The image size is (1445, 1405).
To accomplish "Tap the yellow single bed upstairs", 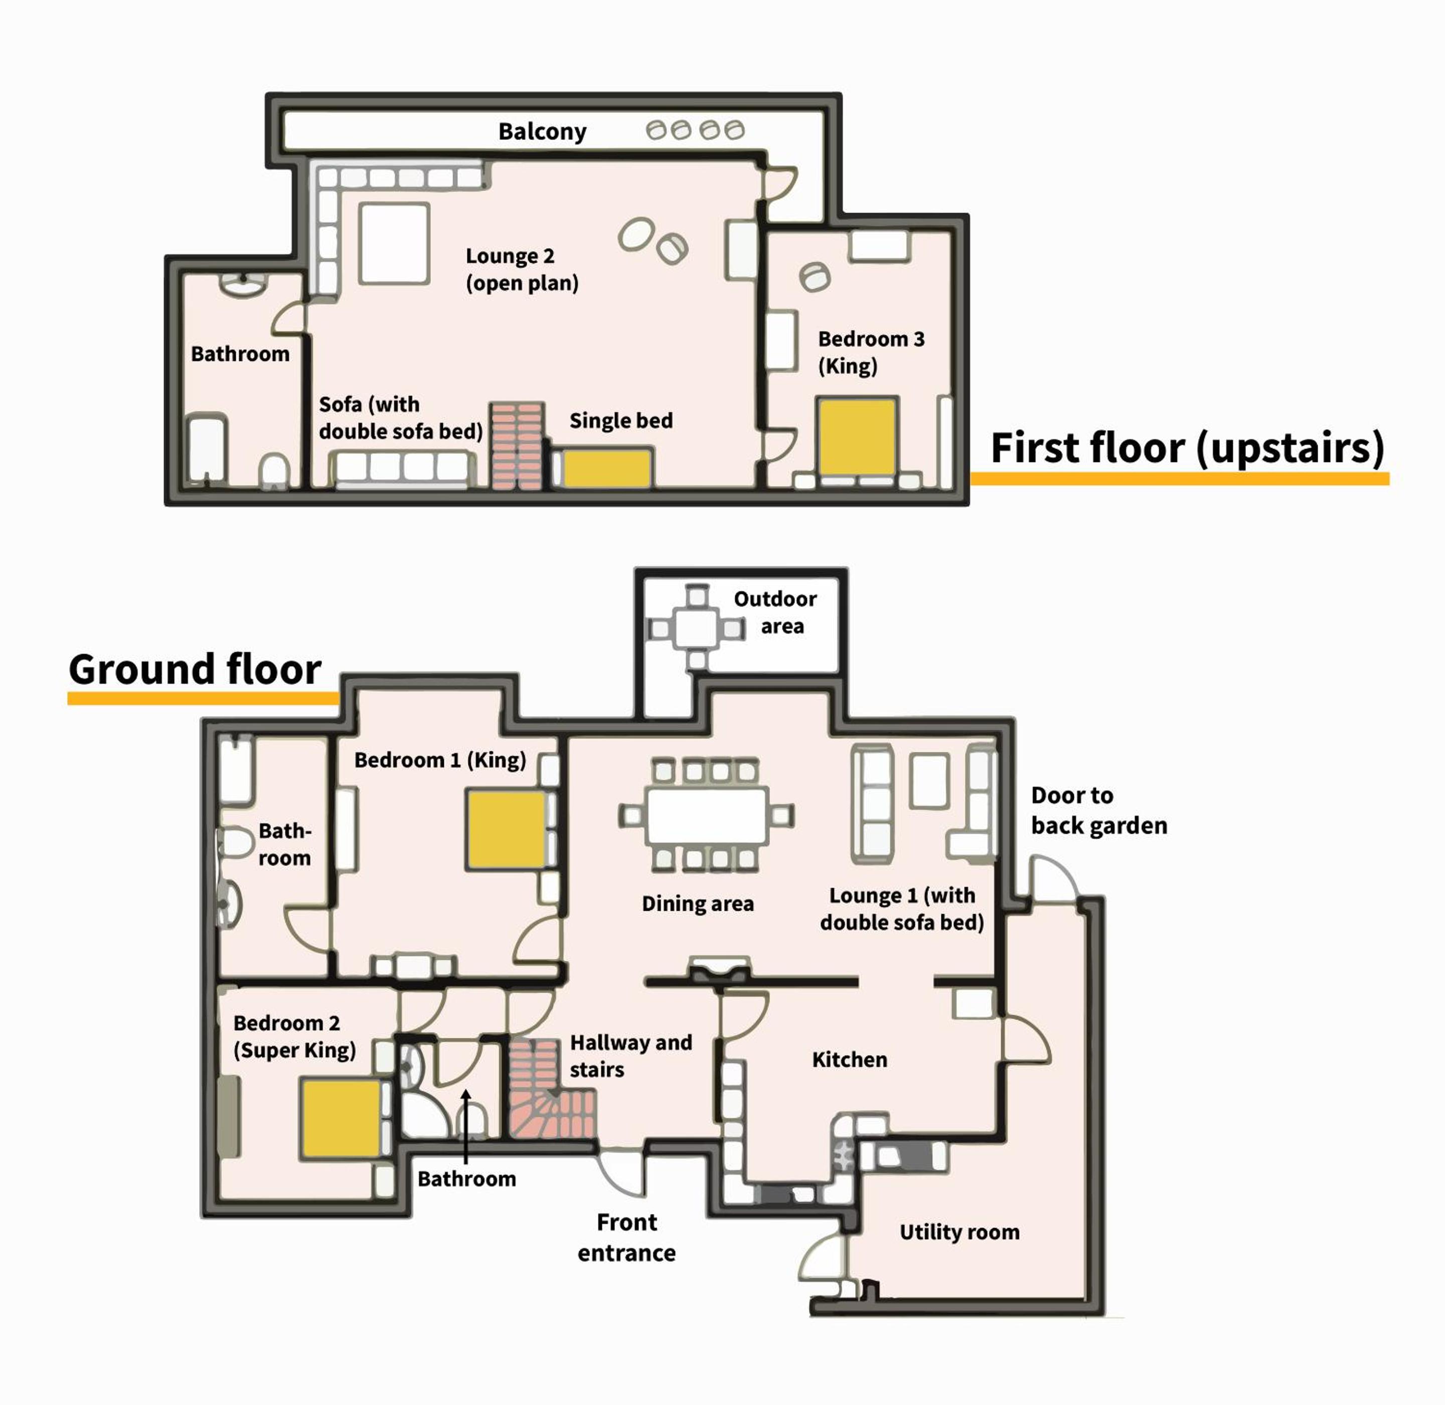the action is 606,468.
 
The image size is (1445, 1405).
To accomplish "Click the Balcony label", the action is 542,131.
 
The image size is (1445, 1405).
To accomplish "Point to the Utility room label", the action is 959,1231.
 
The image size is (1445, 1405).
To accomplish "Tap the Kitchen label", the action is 850,1059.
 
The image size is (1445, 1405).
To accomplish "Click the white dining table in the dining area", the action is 706,815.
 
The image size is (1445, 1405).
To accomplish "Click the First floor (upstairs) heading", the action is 1187,449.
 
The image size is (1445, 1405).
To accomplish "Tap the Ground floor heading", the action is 195,669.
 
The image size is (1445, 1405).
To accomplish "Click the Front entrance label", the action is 626,1238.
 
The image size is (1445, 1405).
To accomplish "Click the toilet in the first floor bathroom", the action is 274,470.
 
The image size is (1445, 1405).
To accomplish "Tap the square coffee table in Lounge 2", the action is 394,244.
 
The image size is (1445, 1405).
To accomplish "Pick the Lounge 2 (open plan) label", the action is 522,269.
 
